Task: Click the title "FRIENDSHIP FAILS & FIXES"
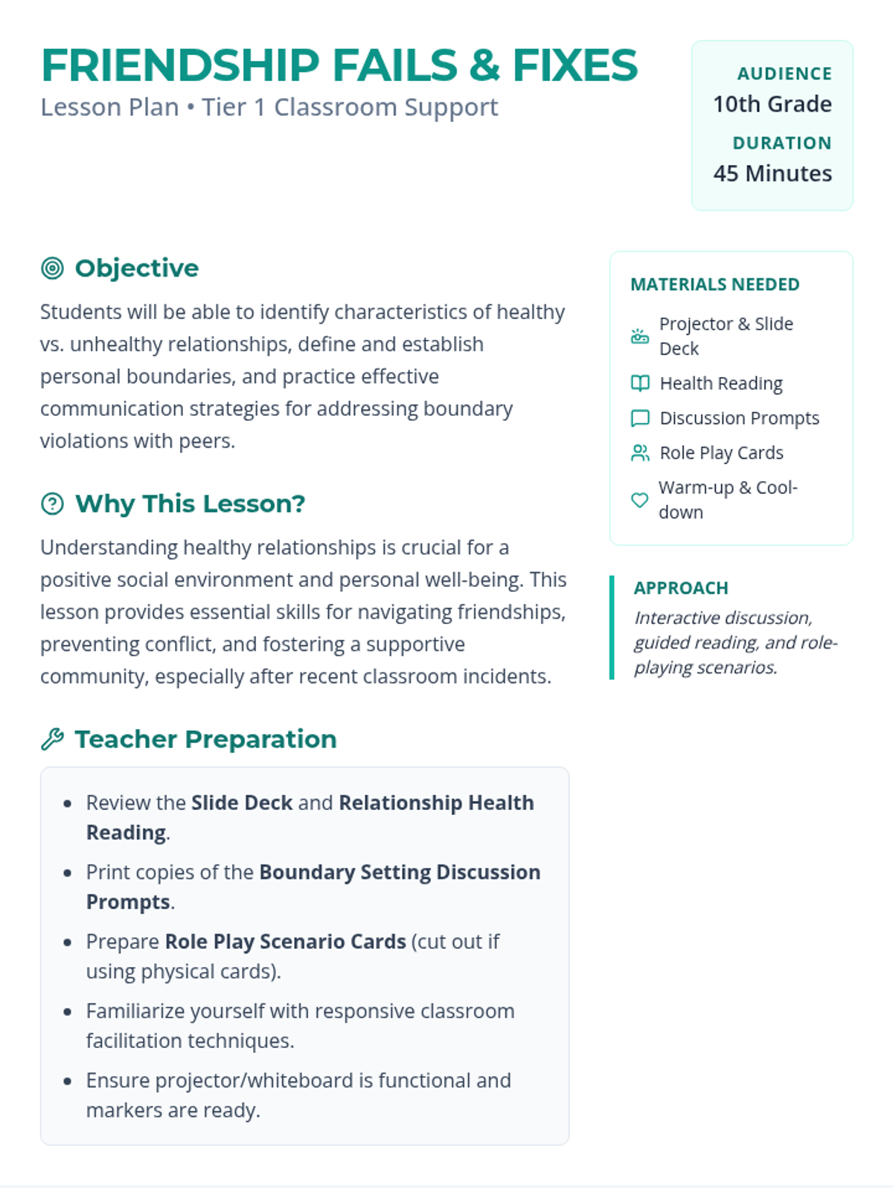click(x=339, y=65)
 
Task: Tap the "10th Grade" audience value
click(x=772, y=104)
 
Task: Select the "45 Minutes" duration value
click(x=772, y=173)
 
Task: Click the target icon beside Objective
click(x=52, y=268)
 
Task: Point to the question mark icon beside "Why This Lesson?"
click(x=52, y=504)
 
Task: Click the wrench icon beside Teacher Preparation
click(x=52, y=739)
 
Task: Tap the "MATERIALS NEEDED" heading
click(x=714, y=284)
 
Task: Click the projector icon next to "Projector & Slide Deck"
click(x=640, y=336)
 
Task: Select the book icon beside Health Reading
click(x=640, y=383)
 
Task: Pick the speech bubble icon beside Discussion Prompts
click(x=640, y=418)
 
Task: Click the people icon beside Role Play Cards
click(x=640, y=453)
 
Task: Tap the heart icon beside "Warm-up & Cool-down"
click(x=639, y=500)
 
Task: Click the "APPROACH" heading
click(x=681, y=588)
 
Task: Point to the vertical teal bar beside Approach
click(x=612, y=627)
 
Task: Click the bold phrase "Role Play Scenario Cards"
click(x=285, y=942)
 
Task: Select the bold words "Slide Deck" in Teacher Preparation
click(x=242, y=803)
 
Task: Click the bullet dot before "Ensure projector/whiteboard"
click(x=68, y=1081)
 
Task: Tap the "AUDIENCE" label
click(x=784, y=74)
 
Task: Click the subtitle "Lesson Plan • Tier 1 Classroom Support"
click(x=269, y=107)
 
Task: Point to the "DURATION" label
click(x=781, y=143)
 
